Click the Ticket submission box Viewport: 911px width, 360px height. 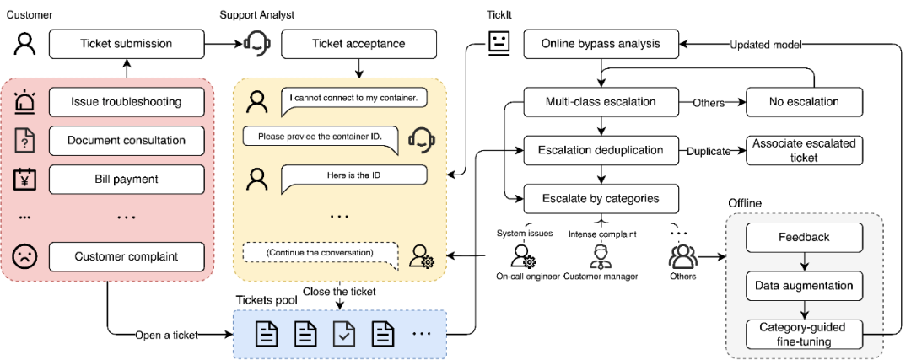[x=126, y=44]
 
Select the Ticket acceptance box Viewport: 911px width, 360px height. [x=359, y=44]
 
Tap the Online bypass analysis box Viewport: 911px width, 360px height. [x=601, y=44]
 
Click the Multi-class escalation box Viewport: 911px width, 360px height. [x=601, y=103]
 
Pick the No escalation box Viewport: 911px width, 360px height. [x=804, y=103]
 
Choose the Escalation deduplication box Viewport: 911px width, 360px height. [x=601, y=152]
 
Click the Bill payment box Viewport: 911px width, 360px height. [x=126, y=179]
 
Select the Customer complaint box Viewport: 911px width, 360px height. [x=126, y=257]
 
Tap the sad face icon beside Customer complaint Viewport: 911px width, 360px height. [x=25, y=256]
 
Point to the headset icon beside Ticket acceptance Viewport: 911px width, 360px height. [x=257, y=44]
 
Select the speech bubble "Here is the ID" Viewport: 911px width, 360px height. [x=352, y=175]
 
